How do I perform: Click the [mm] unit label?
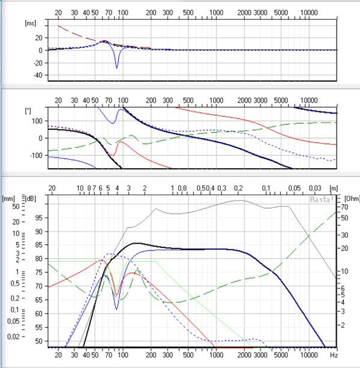click(9, 198)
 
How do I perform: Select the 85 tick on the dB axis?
click(38, 244)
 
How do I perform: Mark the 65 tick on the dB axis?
click(38, 300)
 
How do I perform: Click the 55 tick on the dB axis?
click(38, 327)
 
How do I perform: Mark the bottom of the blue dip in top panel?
click(117, 68)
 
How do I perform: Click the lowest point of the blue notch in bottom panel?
click(117, 309)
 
